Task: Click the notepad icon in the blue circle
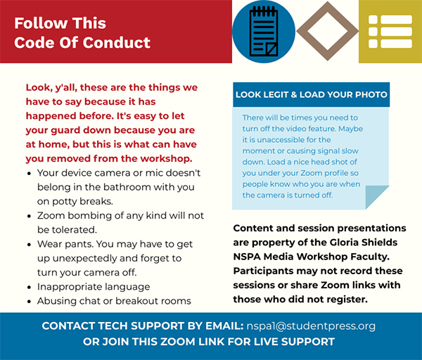[x=264, y=31]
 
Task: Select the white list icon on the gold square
[x=390, y=32]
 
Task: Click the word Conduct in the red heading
[x=116, y=42]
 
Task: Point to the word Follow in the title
[x=41, y=23]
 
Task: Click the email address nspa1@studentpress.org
[x=311, y=326]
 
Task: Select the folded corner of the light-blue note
[x=377, y=197]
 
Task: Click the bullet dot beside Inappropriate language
[x=30, y=288]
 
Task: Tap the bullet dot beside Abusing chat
[x=30, y=302]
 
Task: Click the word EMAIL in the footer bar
[x=224, y=326]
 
